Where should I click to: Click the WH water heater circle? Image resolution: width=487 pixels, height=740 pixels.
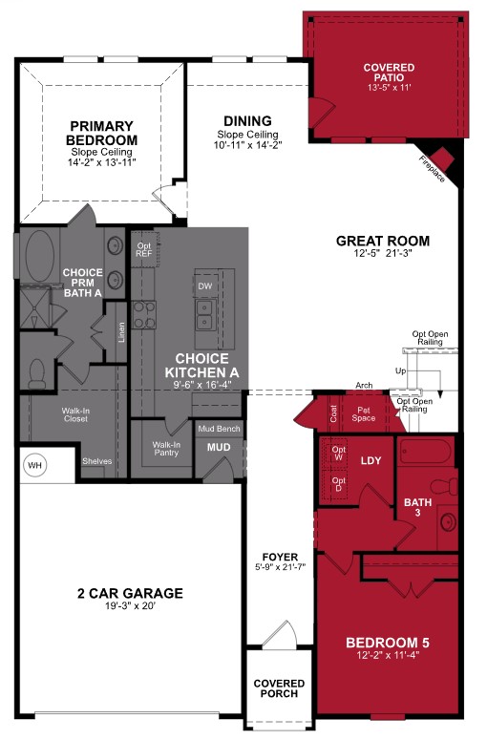(35, 465)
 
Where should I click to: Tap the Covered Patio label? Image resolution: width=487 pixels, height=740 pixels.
(389, 74)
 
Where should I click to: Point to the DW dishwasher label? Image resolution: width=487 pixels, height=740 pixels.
(204, 285)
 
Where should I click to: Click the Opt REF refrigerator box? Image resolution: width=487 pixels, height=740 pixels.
(144, 249)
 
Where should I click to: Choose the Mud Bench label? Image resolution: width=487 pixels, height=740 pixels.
(220, 429)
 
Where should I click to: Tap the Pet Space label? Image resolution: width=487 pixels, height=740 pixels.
(363, 413)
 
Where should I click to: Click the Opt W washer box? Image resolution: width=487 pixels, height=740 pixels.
(338, 454)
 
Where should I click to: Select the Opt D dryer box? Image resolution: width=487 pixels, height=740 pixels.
(338, 483)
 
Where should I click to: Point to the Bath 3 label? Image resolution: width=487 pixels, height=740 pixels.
(417, 508)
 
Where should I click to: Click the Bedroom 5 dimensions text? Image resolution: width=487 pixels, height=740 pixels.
(387, 657)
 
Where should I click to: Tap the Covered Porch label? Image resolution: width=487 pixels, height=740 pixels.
(279, 688)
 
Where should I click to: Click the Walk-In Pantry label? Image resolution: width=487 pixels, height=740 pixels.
(166, 451)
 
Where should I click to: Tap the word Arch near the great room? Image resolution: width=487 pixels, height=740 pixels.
(364, 386)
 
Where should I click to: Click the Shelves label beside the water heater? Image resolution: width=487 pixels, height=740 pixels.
(96, 461)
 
